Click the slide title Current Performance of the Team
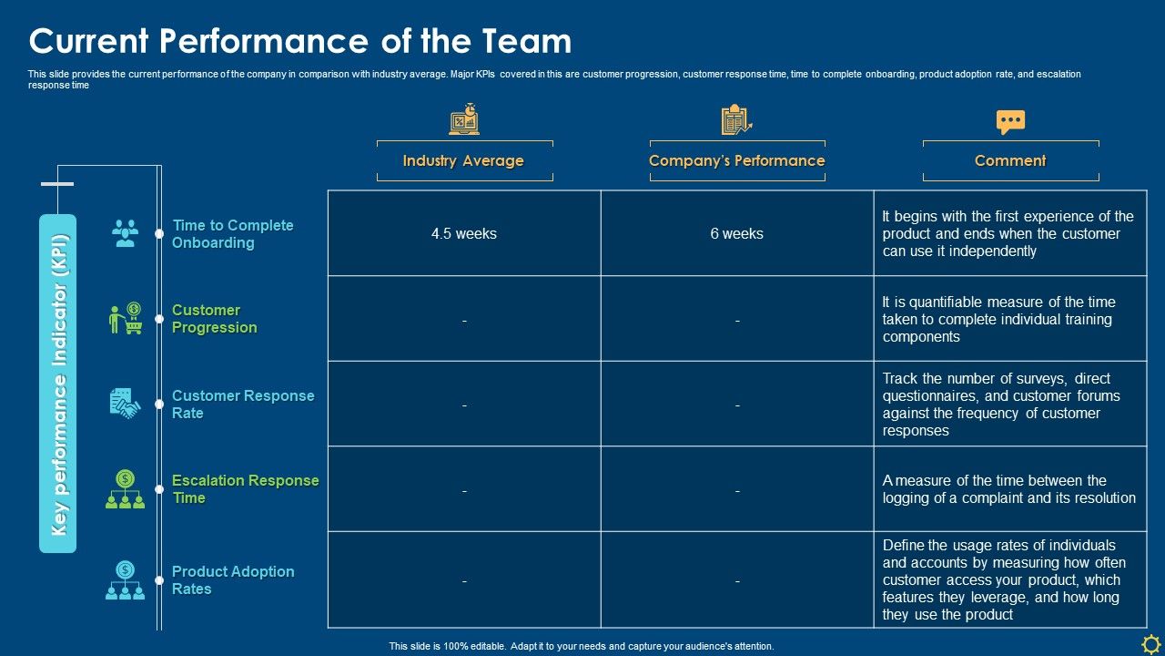pyautogui.click(x=300, y=42)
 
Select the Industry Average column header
pyautogui.click(x=463, y=161)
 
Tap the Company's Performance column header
pyautogui.click(x=736, y=161)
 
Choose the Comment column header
pyautogui.click(x=1010, y=161)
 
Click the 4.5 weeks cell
pyautogui.click(x=464, y=234)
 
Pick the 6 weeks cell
pyautogui.click(x=737, y=234)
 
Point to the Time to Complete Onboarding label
pyautogui.click(x=233, y=234)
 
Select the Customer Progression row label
pyautogui.click(x=215, y=319)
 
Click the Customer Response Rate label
pyautogui.click(x=243, y=405)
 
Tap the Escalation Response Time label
pyautogui.click(x=245, y=489)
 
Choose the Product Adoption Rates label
pyautogui.click(x=233, y=580)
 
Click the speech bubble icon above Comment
pyautogui.click(x=1010, y=122)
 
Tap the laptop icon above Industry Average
pyautogui.click(x=464, y=120)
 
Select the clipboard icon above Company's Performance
pyautogui.click(x=736, y=120)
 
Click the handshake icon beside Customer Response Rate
pyautogui.click(x=125, y=404)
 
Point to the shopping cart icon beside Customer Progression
pyautogui.click(x=126, y=319)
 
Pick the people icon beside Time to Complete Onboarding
pyautogui.click(x=125, y=233)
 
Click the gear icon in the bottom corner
pyautogui.click(x=1150, y=642)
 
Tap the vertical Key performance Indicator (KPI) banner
pyautogui.click(x=57, y=384)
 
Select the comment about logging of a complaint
pyautogui.click(x=1008, y=489)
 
